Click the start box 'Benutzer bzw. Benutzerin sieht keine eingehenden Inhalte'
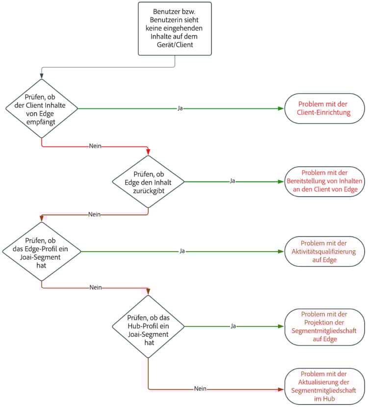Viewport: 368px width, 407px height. [175, 28]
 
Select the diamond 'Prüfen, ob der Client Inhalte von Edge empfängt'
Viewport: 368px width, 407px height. [42, 108]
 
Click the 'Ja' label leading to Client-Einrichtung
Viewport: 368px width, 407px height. [181, 108]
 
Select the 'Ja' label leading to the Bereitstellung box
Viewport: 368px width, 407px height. [233, 181]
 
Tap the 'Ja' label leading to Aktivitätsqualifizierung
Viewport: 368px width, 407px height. [182, 252]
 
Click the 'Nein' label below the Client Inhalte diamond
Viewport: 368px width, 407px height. [95, 146]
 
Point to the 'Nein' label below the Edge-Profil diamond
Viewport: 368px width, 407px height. [95, 287]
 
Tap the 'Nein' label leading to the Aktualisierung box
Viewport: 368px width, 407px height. [200, 389]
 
